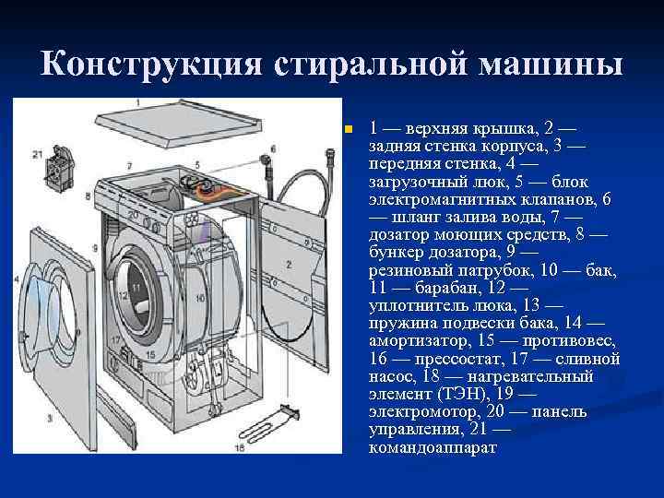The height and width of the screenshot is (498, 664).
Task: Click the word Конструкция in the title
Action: (x=151, y=64)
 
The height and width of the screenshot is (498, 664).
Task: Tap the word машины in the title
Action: (x=551, y=64)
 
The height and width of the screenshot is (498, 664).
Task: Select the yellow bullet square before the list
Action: (x=349, y=128)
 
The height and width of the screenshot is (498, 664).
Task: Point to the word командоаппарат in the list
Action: (x=433, y=447)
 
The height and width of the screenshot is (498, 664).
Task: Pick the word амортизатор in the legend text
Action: (x=420, y=341)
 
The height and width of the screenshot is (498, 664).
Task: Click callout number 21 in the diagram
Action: (x=38, y=155)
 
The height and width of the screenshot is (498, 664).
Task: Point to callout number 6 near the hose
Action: (x=273, y=149)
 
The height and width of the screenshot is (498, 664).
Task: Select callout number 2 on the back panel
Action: (x=289, y=265)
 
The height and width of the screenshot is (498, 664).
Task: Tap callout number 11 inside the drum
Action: (x=136, y=287)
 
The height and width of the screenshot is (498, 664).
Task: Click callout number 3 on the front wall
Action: (x=50, y=419)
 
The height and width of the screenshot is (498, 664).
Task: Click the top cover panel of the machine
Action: (x=178, y=123)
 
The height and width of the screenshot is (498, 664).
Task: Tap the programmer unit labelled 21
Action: (x=61, y=169)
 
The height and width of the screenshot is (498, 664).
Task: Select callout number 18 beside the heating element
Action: (x=240, y=447)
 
